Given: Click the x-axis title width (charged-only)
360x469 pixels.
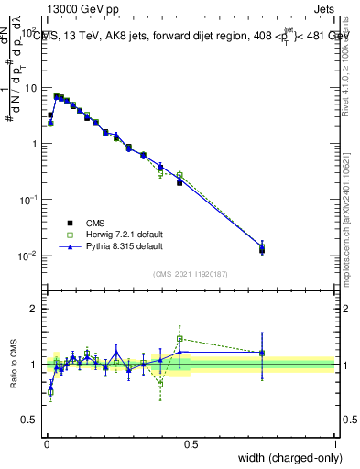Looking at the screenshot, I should [285, 458].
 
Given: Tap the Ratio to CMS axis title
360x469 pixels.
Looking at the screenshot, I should [14, 364].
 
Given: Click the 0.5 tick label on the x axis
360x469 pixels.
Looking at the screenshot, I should [191, 444].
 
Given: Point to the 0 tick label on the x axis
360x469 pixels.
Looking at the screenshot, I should [46, 444].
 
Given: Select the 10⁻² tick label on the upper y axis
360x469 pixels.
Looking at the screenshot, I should [27, 256].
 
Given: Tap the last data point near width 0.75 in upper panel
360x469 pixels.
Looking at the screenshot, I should [262, 248].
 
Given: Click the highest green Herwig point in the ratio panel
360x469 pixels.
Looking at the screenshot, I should [180, 338].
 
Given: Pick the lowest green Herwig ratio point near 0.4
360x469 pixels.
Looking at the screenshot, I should [160, 384].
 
